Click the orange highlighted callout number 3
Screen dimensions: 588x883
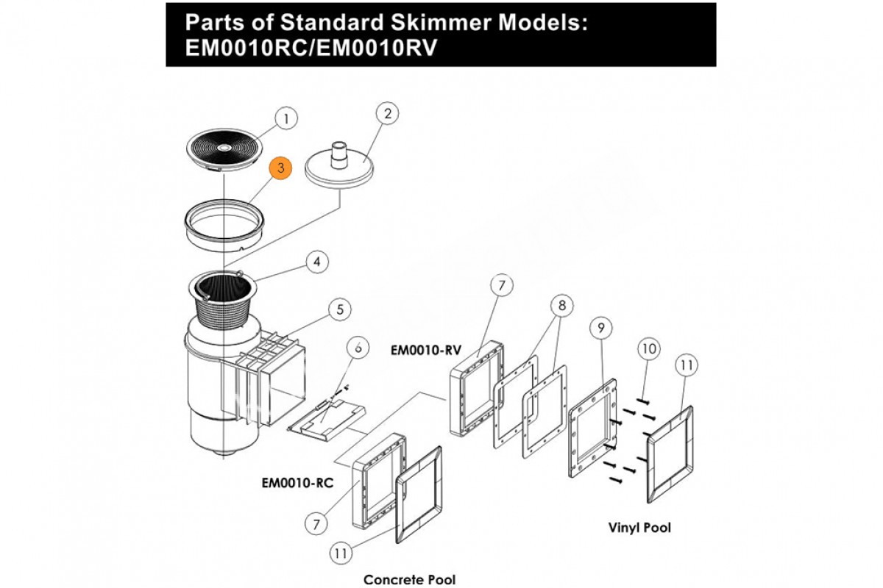click(281, 168)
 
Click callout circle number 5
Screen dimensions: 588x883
click(339, 309)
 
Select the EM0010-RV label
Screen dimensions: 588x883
click(420, 351)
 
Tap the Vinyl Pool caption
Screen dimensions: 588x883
click(639, 527)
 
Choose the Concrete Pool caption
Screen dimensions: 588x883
click(410, 579)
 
